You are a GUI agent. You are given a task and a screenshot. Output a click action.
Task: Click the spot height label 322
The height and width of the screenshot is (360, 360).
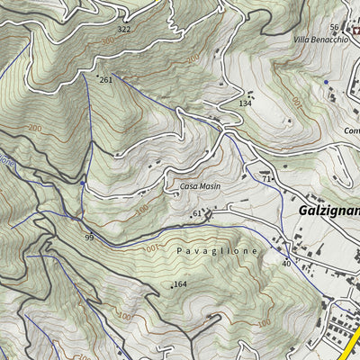124,30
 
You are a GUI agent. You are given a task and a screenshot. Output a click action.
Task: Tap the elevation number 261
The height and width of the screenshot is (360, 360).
106,80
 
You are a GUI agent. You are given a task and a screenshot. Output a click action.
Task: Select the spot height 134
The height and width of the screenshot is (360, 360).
244,103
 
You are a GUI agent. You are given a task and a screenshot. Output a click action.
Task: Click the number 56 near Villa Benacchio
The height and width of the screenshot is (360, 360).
334,28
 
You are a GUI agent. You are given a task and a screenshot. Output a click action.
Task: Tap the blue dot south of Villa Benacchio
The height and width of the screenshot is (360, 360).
326,82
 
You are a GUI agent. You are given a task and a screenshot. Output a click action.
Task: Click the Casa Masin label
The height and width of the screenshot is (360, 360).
200,185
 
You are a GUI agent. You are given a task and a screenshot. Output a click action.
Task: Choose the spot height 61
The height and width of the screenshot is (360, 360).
196,213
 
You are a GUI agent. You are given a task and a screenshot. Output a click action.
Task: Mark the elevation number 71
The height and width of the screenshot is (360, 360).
267,180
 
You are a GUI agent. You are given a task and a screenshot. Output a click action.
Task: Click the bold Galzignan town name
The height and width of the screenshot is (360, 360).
328,210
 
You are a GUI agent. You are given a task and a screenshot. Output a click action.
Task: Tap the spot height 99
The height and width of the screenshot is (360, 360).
89,237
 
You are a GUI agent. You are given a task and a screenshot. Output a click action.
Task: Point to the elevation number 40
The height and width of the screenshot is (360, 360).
286,264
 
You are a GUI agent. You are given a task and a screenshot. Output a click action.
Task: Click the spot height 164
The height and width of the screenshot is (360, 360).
180,284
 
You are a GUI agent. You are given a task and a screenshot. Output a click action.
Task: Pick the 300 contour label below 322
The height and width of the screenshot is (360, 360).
108,41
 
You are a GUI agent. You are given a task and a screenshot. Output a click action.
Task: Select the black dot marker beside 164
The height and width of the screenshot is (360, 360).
171,286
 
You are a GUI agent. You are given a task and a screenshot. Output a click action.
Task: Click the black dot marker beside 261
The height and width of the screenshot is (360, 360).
97,77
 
